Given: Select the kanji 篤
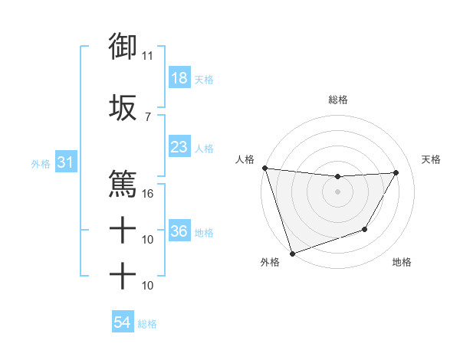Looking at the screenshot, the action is coord(123,183).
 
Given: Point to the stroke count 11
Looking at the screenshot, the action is coord(147,56).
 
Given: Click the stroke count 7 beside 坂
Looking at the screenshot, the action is coord(147,116).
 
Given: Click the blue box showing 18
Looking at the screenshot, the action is coord(179,78).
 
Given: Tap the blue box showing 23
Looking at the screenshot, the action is coord(179,146).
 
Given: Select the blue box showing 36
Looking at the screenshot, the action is coord(179,231).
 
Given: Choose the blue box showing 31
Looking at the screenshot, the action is coord(65,163).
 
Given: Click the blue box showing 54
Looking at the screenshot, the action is coord(122,323).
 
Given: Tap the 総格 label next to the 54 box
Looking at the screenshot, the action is coord(147,324).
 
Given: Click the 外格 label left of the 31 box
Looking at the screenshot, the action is coord(41,164).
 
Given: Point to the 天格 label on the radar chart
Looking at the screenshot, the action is coord(432,159).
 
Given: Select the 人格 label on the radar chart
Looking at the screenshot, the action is coord(245,159).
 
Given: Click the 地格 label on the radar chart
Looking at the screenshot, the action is coord(402,263).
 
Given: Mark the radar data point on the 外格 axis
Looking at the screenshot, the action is coord(291,254).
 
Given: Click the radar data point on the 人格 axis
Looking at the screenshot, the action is coord(264,168).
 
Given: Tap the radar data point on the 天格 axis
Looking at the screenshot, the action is coord(396,172).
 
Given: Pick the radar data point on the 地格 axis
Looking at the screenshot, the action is coord(365,229).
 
